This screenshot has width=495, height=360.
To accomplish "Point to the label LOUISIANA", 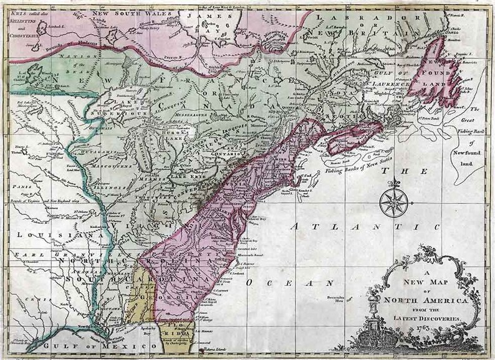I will pos(47,235).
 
